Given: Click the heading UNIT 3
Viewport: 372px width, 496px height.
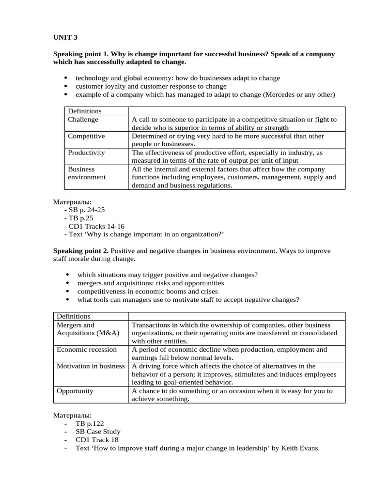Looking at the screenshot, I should (65, 37).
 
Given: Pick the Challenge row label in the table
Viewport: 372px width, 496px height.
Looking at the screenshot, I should (83, 120).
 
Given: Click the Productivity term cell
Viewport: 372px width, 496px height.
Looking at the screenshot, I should (86, 153).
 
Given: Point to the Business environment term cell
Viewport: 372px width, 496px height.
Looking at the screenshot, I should (87, 173).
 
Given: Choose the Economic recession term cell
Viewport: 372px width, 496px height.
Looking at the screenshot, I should (87, 349).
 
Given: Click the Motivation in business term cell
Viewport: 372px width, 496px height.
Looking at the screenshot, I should (91, 366).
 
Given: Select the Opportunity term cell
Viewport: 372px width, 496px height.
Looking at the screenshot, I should (75, 391).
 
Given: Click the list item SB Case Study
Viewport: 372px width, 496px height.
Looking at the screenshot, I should (98, 432).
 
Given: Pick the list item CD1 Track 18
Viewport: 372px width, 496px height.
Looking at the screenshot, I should (97, 440).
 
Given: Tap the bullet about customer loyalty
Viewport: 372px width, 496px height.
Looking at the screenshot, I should (151, 86).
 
